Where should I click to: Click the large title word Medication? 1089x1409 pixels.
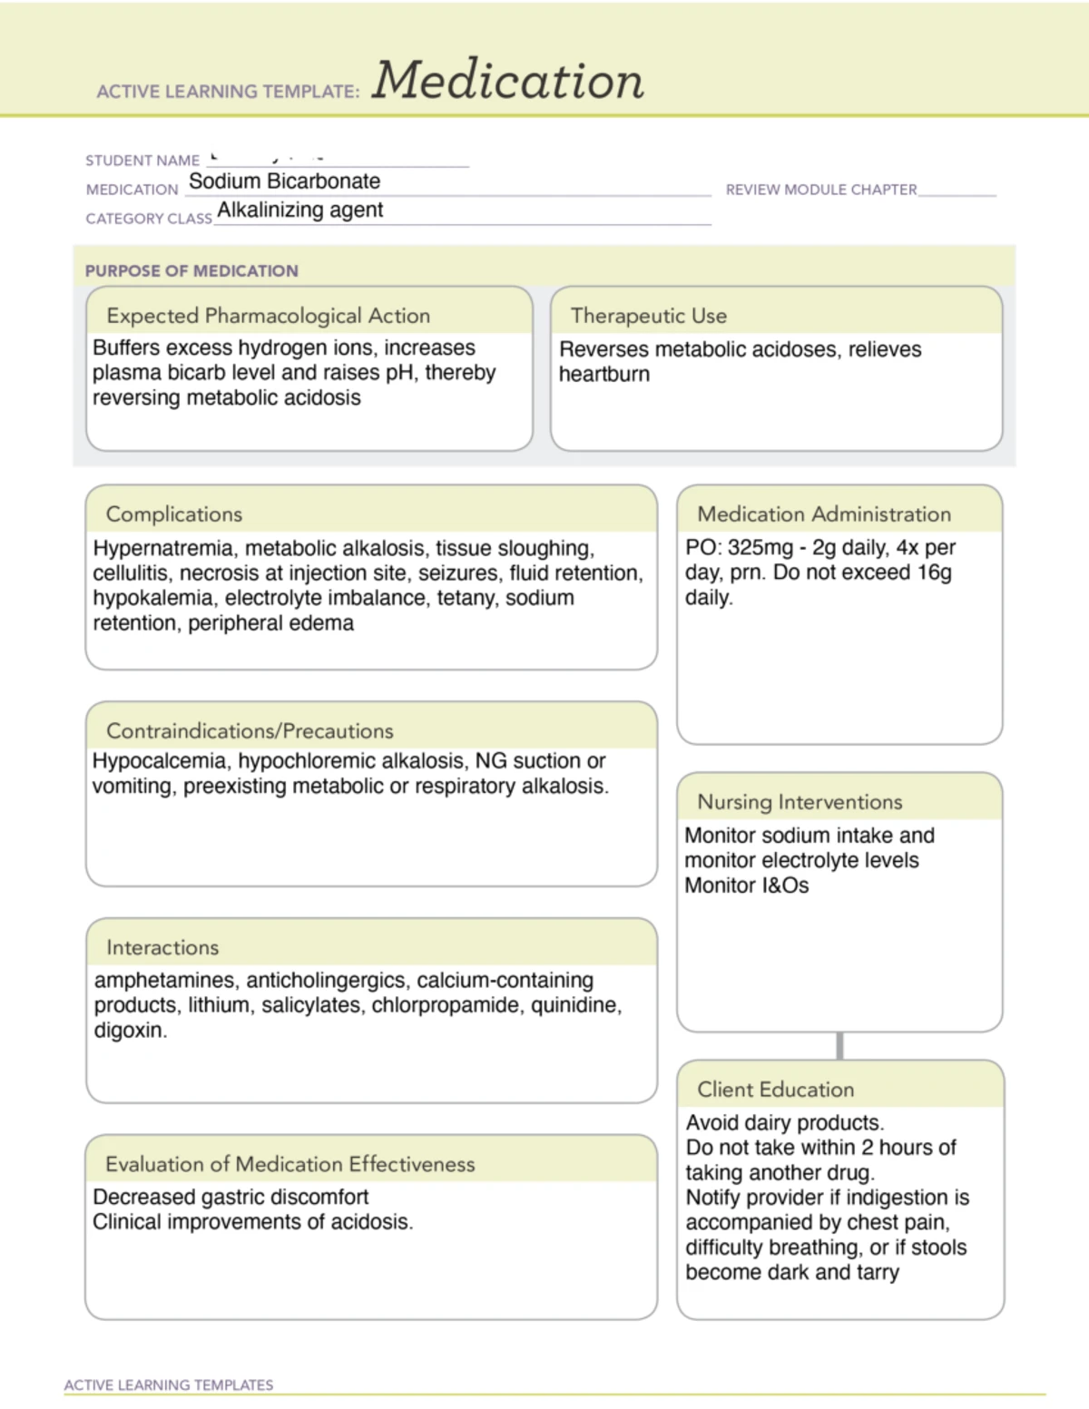click(507, 81)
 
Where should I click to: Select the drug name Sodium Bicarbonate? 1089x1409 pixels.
click(284, 181)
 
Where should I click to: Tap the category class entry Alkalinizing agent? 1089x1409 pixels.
click(299, 210)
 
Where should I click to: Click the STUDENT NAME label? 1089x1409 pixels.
click(142, 161)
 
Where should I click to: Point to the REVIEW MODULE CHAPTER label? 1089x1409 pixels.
click(820, 190)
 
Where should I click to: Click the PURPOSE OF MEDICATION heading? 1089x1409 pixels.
click(191, 270)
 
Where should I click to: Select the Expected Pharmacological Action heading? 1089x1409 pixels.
click(268, 316)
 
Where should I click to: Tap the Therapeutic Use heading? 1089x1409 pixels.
click(648, 316)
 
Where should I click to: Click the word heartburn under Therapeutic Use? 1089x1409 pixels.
click(604, 375)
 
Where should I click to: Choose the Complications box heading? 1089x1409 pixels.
click(174, 514)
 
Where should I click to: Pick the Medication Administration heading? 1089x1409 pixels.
click(823, 514)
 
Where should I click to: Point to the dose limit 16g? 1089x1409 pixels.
click(934, 573)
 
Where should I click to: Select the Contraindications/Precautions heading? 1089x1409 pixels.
click(250, 731)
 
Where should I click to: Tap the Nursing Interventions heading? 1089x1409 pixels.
click(800, 802)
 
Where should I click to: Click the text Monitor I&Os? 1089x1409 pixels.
click(746, 886)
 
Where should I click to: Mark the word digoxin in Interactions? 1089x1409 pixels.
click(129, 1031)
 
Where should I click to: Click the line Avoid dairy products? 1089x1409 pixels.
click(784, 1123)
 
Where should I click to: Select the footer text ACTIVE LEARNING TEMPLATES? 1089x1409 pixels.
click(169, 1385)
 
